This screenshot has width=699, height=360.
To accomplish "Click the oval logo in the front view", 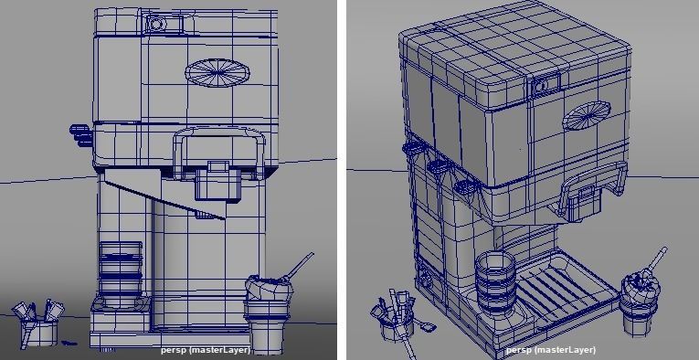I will [x=217, y=72].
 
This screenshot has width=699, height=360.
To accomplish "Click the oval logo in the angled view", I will [x=585, y=117].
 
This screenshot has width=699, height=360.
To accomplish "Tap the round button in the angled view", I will [x=540, y=85].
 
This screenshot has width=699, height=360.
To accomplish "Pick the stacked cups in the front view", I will [x=121, y=270].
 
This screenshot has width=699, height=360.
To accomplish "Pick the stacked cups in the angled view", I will [x=494, y=283].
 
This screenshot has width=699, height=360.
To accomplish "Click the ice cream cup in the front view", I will [x=268, y=306].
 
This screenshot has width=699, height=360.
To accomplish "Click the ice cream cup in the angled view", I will [x=641, y=302].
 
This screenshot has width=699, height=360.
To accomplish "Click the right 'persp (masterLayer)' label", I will [x=551, y=349].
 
